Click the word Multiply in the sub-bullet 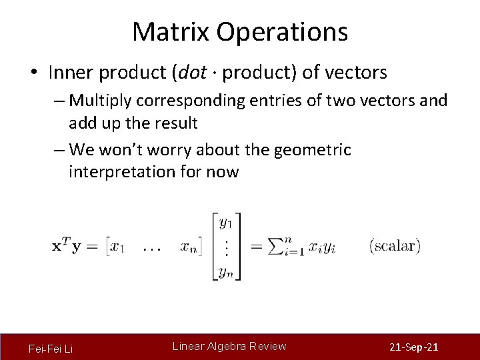point(100,101)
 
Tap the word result point(175,123)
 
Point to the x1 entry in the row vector point(117,247)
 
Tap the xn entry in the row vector point(189,247)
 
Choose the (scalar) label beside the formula point(395,245)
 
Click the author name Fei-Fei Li point(51,349)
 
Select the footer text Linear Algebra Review point(229,346)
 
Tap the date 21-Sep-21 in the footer point(413,348)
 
